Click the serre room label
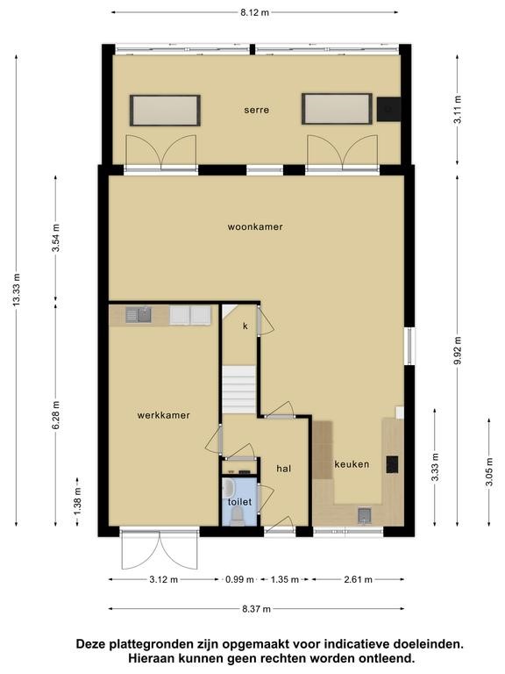point(256,110)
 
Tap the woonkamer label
point(255,226)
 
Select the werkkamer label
point(164,415)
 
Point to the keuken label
point(352,464)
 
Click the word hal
point(283,469)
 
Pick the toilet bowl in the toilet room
point(237,515)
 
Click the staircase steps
point(239,390)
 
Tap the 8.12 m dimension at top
point(254,12)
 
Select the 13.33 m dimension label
point(17,290)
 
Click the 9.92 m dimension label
point(458,351)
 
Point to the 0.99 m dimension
point(239,579)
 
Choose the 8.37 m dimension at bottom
point(256,609)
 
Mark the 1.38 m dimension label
point(77,501)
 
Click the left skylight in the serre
point(166,111)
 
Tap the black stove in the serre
point(388,109)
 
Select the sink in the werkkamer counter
point(139,315)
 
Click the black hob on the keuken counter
point(392,464)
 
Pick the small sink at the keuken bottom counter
point(365,515)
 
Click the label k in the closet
point(245,326)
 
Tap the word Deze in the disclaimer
point(91,644)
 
